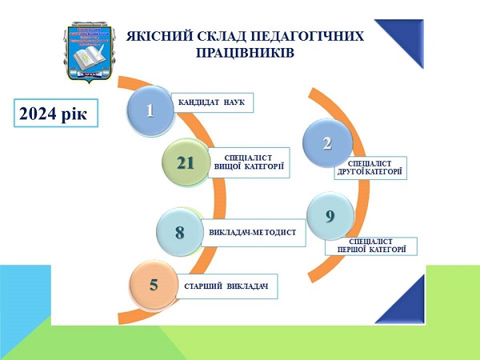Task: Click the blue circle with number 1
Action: (150, 111)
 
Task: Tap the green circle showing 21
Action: (185, 162)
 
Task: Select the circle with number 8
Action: (180, 233)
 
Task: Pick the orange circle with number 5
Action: (153, 284)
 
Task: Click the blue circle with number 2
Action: (326, 143)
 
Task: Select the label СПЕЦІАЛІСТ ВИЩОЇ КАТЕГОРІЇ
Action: (248, 162)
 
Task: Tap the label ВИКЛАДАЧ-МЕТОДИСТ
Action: (252, 233)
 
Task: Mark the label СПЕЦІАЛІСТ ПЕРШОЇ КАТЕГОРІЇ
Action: (370, 246)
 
